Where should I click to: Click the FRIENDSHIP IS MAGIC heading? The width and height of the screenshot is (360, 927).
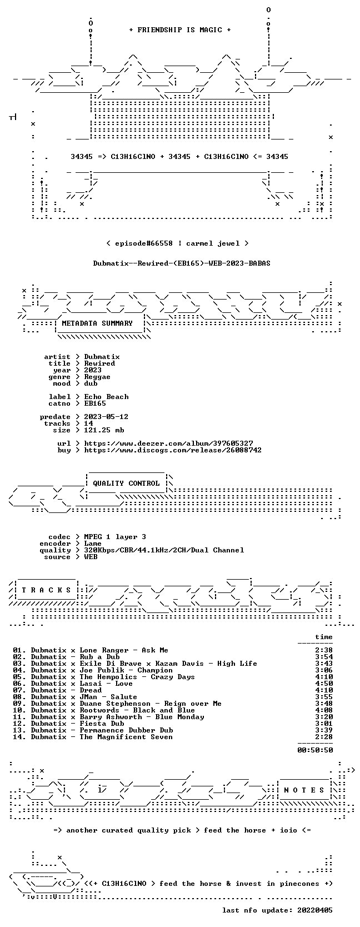coord(180,30)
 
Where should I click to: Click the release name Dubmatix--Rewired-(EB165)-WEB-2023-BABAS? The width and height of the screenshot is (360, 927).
coord(182,263)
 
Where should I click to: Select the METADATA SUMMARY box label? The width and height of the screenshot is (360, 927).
coord(97,323)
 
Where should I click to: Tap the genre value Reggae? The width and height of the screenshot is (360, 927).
coord(97,377)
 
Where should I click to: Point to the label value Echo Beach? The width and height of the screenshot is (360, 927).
coord(106,397)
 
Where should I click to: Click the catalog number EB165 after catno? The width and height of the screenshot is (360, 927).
coord(95,403)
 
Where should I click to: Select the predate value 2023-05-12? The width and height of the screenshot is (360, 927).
coord(106,417)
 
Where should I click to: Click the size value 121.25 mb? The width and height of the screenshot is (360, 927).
coord(104,430)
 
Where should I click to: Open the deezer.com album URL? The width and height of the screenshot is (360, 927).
coord(168,443)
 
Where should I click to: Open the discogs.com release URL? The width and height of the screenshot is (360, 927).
coord(173,450)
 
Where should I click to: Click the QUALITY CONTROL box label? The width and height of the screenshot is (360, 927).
coord(126,484)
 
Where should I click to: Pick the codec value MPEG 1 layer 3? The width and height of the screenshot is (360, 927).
coord(115,537)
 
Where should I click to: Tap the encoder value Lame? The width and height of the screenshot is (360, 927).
coord(93,544)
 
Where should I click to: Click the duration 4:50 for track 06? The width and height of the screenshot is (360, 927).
coord(324,684)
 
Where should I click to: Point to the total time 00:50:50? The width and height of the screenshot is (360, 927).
coord(315,750)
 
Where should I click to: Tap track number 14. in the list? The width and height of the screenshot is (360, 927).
coord(19,736)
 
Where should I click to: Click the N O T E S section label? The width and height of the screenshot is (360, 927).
coord(304,790)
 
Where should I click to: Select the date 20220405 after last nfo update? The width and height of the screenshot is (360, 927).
coord(315,910)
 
